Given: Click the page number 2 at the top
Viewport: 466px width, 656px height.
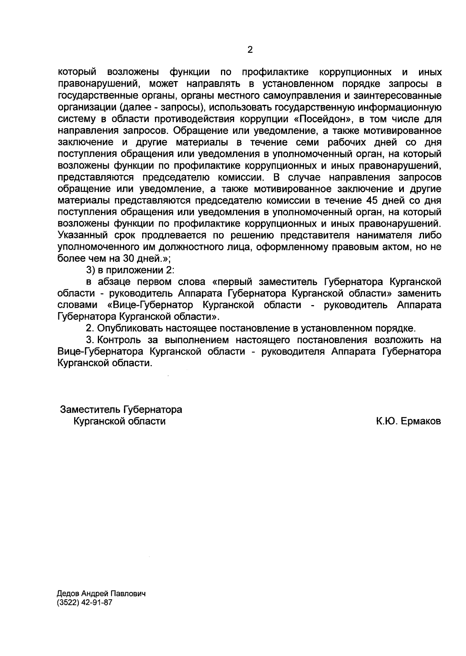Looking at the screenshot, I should (250, 50).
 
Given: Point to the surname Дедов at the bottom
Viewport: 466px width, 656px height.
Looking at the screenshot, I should (67, 594).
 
